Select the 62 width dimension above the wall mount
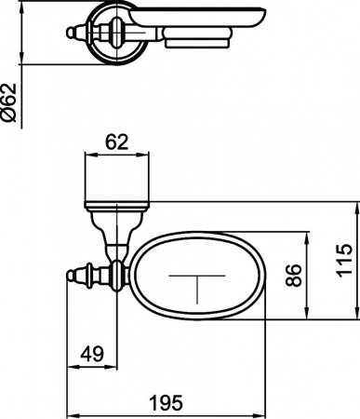[117, 143]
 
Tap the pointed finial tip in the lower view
[71, 273]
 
